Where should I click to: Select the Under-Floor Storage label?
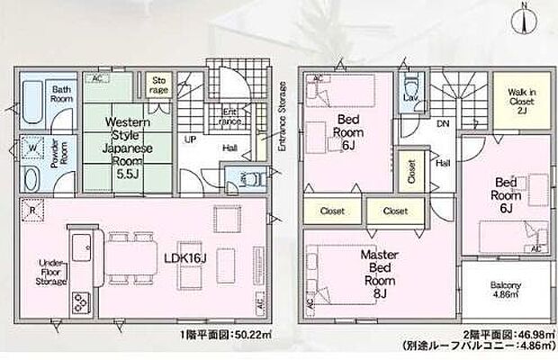pos(49,273)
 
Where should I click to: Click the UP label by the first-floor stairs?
pos(190,141)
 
